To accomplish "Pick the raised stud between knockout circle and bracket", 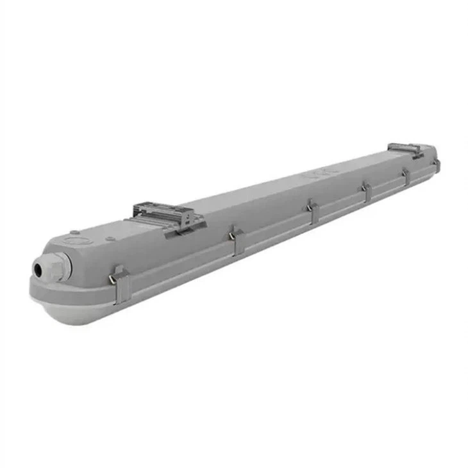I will tap(108, 238).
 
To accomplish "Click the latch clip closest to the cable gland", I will tap(121, 285).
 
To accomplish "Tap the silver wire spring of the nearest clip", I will tap(113, 278).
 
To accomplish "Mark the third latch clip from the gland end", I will tap(312, 211).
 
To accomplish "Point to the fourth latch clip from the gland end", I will tap(366, 190).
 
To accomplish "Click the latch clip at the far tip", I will tap(437, 165).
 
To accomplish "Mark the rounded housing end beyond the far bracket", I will tap(430, 153).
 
